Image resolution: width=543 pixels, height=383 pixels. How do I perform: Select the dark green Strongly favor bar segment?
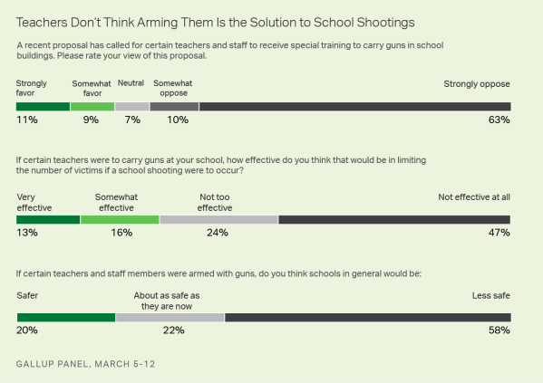pos(43,106)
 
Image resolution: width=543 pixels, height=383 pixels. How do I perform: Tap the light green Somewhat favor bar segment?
pos(92,106)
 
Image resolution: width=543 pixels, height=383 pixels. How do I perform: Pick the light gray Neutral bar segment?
pos(131,106)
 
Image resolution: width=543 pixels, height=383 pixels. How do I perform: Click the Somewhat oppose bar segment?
pos(174,106)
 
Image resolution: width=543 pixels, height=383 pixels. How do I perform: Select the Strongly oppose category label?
pos(476,84)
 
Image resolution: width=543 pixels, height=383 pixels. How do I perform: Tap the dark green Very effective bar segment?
pos(48,219)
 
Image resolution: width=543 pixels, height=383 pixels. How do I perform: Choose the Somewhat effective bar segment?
pos(120,219)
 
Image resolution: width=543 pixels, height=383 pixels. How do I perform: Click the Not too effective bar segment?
pos(218,219)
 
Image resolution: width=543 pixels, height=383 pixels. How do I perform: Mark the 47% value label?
pos(499,234)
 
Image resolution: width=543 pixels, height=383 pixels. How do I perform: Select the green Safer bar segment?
pos(65,317)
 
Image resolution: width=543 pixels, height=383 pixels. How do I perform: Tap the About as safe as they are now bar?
pos(170,317)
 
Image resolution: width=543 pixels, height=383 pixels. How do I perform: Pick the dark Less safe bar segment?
pos(367,317)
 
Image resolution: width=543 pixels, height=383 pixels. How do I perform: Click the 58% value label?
pos(499,331)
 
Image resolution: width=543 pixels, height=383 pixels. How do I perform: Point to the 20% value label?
pos(27,331)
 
